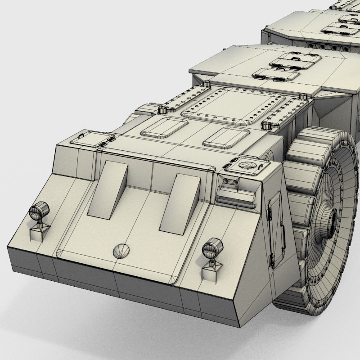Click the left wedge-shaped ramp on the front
click(108, 191)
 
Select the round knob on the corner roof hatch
click(246, 165)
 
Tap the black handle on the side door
click(271, 260)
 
